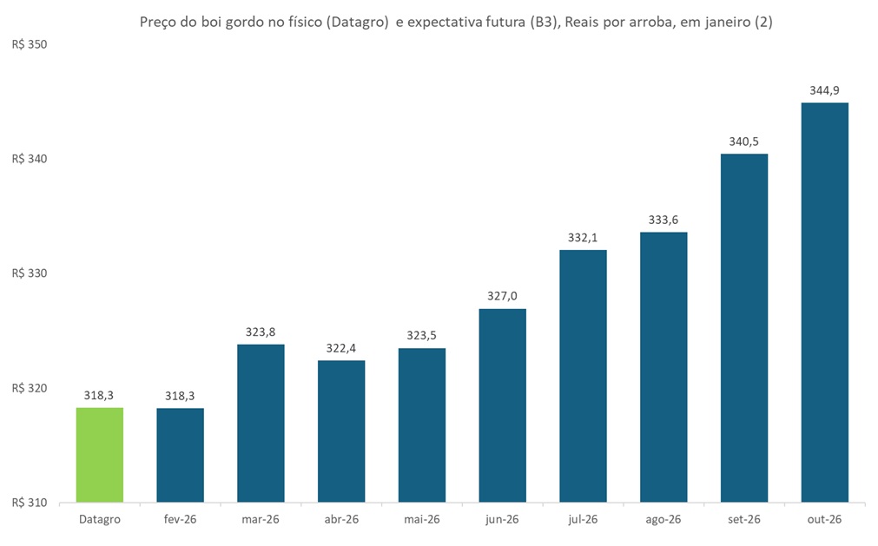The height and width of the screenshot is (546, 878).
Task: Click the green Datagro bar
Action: (x=100, y=455)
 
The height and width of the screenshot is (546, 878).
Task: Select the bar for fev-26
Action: (x=180, y=455)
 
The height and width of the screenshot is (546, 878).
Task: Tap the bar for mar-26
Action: (x=261, y=424)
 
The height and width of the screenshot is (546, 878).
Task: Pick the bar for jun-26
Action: (x=502, y=405)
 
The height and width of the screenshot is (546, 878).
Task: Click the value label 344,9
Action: (x=824, y=90)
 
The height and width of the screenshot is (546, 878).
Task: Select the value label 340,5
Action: (x=743, y=141)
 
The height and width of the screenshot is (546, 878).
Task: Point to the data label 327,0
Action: (x=502, y=296)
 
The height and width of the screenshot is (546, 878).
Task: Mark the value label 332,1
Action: (x=583, y=237)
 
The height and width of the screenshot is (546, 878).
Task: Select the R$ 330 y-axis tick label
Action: (x=30, y=273)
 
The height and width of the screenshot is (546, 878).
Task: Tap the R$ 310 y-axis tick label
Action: (x=30, y=503)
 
